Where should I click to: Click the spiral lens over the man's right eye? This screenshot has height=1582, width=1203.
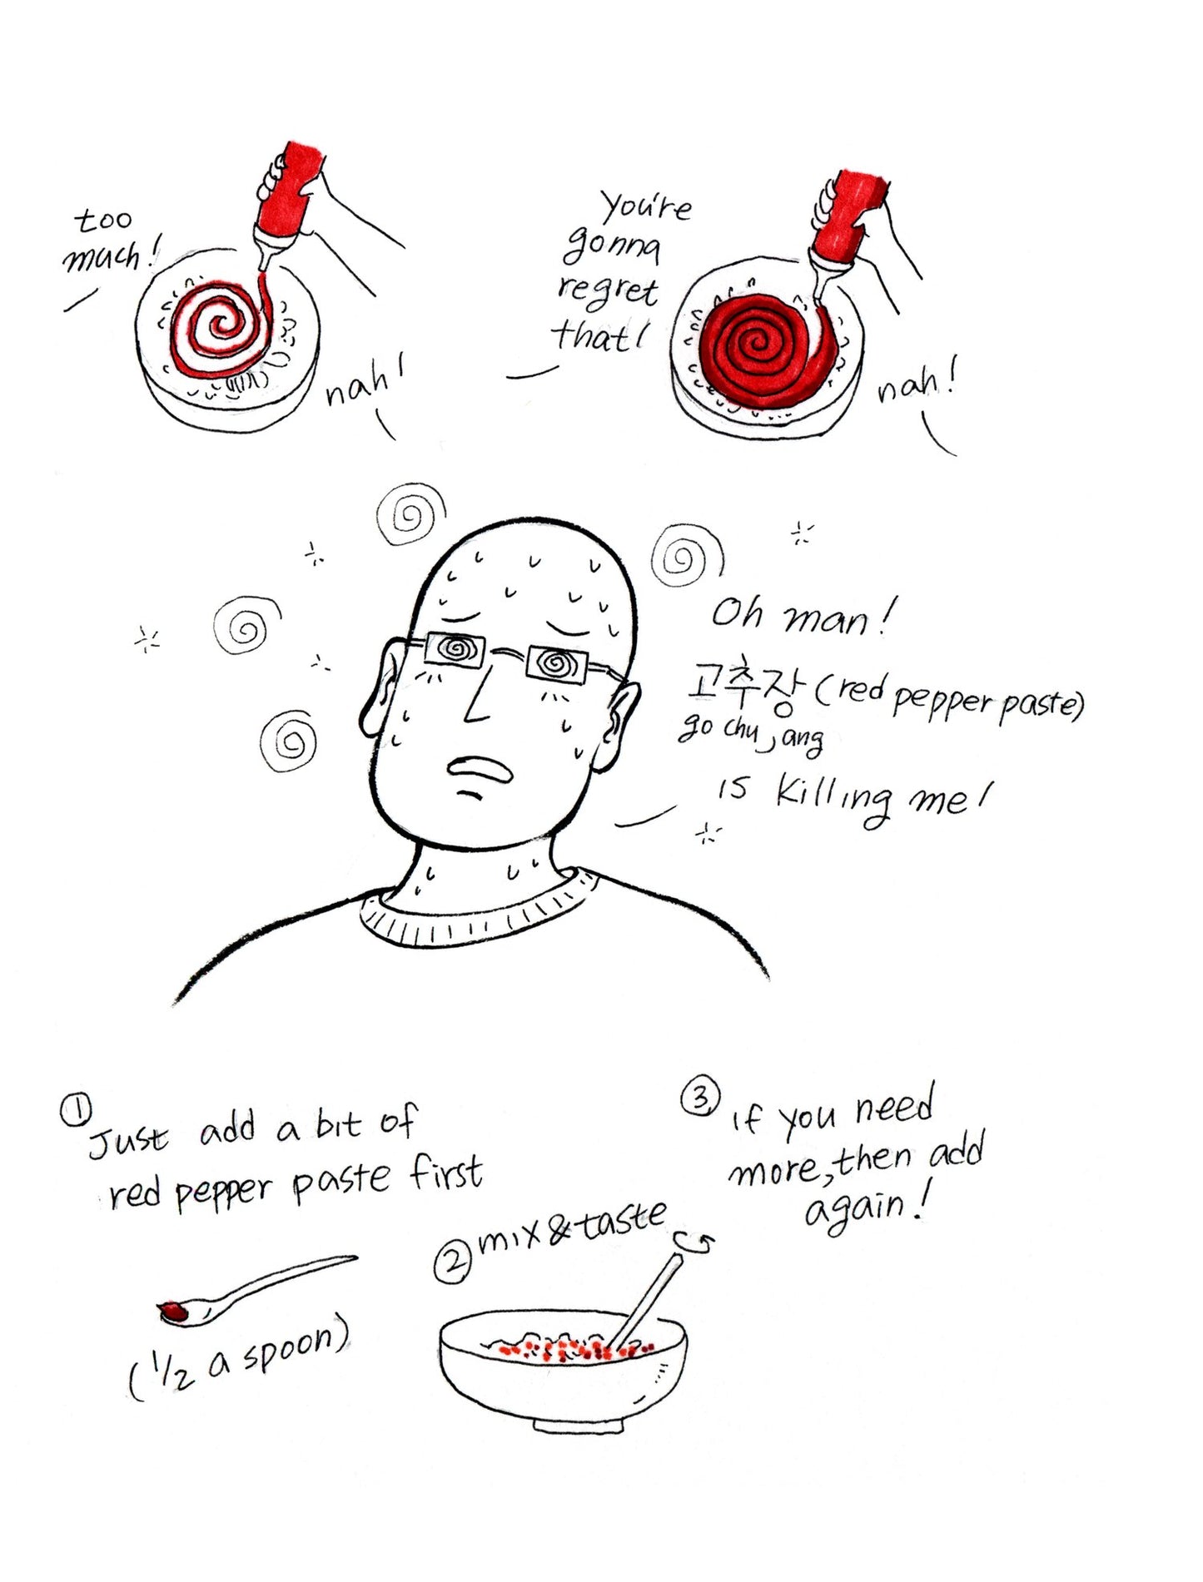455,650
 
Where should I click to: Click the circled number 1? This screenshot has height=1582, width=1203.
75,1110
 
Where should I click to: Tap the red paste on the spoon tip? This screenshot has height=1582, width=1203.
175,1312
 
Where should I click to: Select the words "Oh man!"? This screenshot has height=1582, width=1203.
803,616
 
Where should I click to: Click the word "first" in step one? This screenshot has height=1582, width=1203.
446,1173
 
